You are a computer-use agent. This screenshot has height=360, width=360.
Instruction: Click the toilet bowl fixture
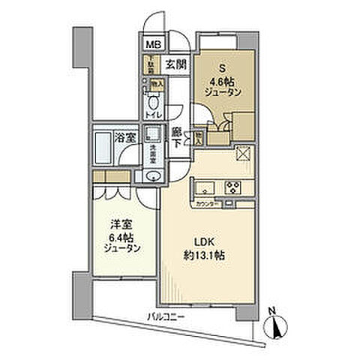tap(153, 102)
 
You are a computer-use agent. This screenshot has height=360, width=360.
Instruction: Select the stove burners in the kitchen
tap(232, 188)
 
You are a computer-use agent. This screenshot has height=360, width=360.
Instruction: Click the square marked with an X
tap(244, 154)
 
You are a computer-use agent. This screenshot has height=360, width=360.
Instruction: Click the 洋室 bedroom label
tap(119, 223)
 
